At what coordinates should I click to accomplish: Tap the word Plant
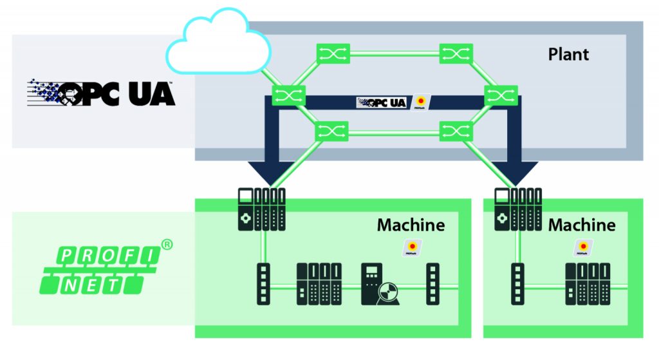click(568, 54)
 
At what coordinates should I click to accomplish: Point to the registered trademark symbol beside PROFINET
click(167, 245)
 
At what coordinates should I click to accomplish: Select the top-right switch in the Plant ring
click(456, 54)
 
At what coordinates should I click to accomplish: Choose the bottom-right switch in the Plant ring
click(456, 133)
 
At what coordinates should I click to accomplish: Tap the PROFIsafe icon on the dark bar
click(421, 102)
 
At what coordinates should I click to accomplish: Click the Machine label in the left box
click(411, 225)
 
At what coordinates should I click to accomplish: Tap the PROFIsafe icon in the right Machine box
click(583, 249)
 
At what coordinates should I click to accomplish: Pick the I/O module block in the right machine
click(588, 284)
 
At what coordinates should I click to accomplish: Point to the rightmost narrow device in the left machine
click(434, 284)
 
